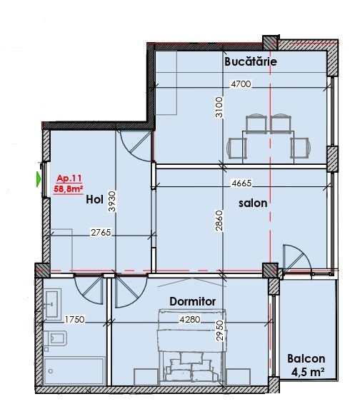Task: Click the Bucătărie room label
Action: click(251, 62)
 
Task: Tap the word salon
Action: click(253, 203)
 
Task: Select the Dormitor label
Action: click(192, 301)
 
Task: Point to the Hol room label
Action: click(94, 199)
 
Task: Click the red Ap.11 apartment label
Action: click(69, 178)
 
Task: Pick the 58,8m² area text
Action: click(69, 189)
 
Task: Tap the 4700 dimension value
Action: click(241, 84)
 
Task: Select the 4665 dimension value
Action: click(241, 183)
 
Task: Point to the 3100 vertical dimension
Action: click(219, 107)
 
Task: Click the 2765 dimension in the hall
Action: click(101, 233)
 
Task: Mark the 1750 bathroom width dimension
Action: click(74, 320)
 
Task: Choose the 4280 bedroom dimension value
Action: click(190, 320)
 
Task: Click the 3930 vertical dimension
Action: click(113, 201)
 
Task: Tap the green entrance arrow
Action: click(39, 178)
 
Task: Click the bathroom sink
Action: click(53, 304)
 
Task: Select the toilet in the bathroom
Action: click(56, 338)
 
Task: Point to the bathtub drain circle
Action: click(51, 371)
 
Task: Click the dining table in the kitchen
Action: click(268, 147)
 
